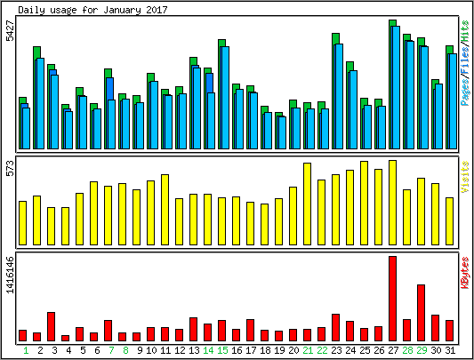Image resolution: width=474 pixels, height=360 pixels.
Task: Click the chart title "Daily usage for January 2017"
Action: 92,10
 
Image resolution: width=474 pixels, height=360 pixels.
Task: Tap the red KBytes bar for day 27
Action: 392,299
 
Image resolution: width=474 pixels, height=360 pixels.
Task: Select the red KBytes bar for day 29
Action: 422,313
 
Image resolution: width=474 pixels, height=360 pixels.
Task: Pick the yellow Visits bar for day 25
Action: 365,203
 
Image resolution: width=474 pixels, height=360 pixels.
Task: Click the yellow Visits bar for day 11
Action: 165,210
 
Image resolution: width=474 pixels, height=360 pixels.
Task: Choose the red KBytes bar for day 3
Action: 51,327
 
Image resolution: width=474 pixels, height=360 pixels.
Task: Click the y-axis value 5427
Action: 11,30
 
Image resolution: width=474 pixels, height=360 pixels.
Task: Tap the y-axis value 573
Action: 11,168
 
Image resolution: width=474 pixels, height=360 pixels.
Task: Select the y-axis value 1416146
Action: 11,275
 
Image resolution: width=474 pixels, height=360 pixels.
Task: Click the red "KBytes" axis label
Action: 465,273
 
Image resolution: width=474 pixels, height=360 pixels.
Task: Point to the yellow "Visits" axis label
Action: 465,177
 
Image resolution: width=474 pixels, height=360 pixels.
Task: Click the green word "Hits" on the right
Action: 465,31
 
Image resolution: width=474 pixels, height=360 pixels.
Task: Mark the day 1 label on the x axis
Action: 26,350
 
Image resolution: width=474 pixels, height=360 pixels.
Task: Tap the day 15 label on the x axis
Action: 222,350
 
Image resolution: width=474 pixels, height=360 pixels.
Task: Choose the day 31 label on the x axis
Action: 450,350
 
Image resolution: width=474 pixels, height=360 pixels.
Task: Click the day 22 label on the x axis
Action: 322,350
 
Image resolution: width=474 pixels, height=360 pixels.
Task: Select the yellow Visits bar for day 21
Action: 307,204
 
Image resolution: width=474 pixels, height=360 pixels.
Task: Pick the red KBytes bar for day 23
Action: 335,328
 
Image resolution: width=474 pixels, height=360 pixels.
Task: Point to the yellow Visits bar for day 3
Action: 51,226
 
